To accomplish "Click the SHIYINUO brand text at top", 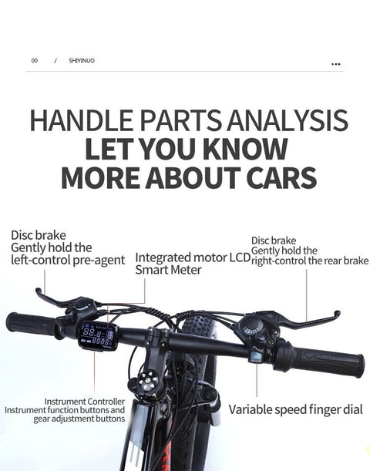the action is pos(82,61).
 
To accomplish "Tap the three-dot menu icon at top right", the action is pos(336,64).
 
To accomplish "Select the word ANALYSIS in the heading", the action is pos(288,120).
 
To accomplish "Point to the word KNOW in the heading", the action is pos(245,149).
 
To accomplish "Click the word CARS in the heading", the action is pos(281,177).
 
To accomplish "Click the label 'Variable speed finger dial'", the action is pos(295,409).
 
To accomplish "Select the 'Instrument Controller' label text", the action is pos(85,402).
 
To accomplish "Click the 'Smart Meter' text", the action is pos(168,270).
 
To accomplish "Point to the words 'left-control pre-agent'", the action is pos(68,260).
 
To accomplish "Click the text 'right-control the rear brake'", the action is pos(310,261).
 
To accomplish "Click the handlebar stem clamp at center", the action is pos(159,338).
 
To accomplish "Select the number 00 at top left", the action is pos(35,61).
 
